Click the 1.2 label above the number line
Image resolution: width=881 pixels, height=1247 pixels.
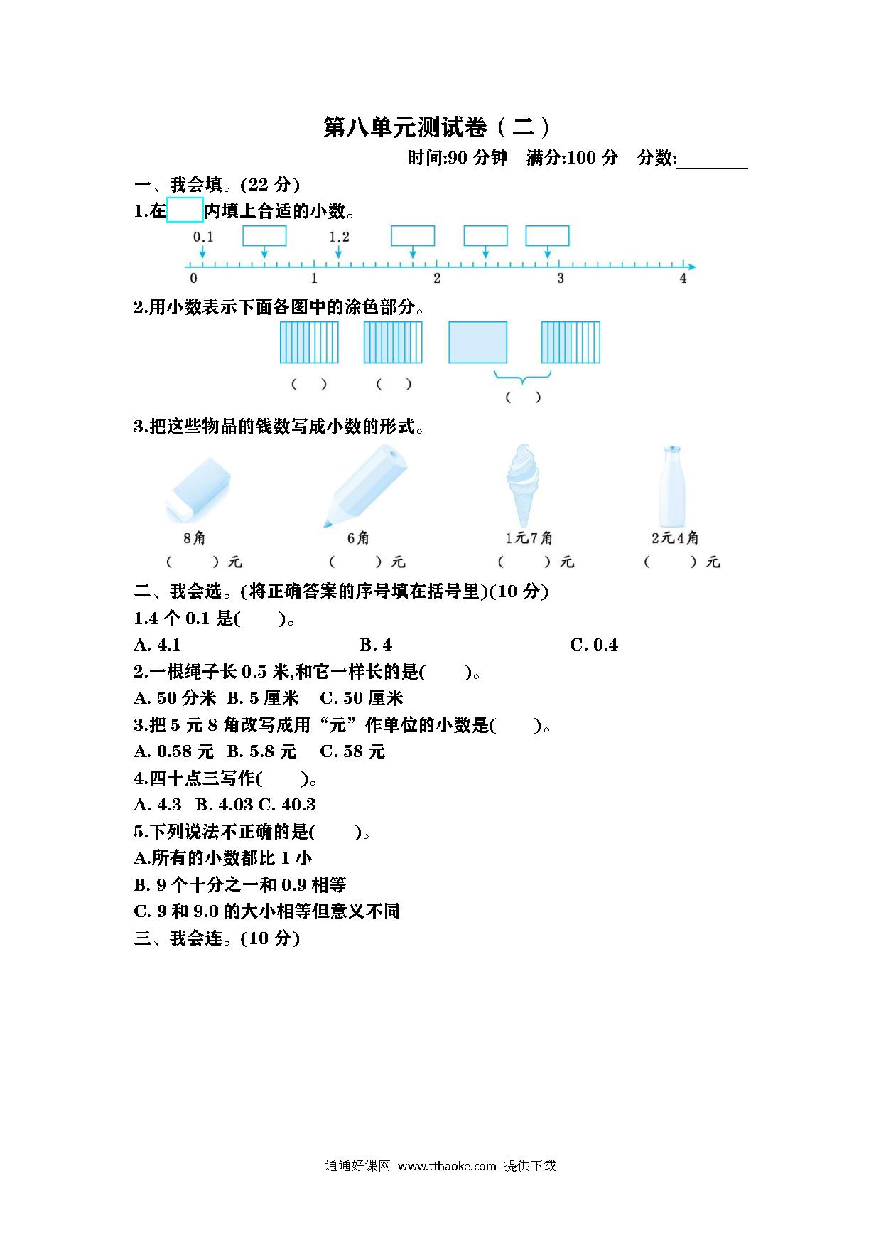339,237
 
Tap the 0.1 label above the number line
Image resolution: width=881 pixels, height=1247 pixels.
203,237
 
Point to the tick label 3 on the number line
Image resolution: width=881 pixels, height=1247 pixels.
560,279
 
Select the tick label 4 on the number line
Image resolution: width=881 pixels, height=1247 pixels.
683,279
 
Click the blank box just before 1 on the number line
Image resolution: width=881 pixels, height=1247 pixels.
264,236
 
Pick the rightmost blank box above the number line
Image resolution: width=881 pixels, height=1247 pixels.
547,236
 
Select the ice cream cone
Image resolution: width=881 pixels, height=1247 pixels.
523,486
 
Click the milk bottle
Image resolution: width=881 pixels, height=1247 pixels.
671,486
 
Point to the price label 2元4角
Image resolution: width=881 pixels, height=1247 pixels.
675,538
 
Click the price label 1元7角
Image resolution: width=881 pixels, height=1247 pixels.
529,538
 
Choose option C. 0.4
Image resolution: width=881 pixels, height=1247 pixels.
594,645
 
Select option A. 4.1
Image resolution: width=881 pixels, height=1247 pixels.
158,645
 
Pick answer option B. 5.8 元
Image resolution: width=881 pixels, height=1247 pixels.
261,751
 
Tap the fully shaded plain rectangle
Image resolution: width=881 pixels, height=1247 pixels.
477,342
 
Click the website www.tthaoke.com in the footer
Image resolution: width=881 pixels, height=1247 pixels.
447,1166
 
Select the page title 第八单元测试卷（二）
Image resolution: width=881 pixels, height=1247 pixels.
437,127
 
